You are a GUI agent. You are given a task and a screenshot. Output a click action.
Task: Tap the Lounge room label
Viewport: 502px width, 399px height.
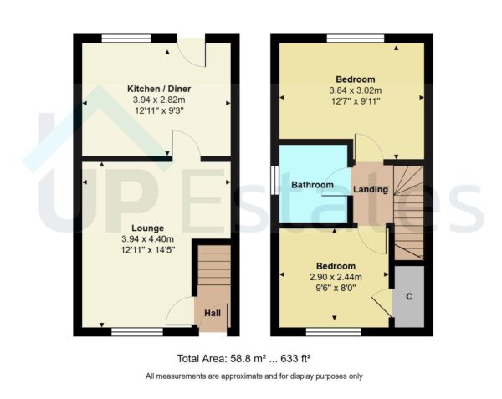147,228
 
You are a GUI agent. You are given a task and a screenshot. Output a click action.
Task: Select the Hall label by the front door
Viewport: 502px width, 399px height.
213,314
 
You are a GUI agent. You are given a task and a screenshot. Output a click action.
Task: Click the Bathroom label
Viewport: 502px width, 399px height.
312,185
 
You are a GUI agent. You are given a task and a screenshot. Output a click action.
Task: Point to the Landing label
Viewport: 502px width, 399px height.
371,189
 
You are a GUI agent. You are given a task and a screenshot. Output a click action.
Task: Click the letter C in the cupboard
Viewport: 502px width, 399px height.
409,296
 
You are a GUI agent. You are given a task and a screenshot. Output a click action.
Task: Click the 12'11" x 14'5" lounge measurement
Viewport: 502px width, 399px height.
147,250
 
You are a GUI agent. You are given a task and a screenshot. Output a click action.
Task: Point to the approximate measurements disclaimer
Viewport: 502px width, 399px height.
254,376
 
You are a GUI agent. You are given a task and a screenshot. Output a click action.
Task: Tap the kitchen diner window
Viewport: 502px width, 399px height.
127,38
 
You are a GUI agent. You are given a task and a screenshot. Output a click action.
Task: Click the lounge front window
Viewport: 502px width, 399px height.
138,332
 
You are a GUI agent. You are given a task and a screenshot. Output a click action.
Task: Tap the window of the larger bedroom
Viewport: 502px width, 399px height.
356,38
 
